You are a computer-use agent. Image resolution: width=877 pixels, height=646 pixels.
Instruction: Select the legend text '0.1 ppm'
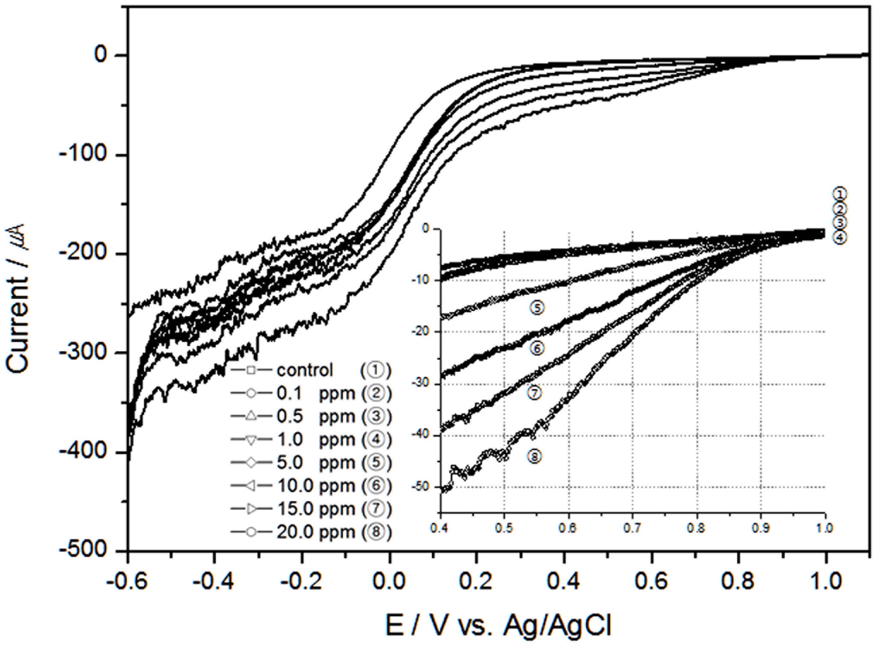[316, 393]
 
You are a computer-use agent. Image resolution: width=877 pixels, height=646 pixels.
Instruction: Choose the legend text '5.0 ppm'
[316, 463]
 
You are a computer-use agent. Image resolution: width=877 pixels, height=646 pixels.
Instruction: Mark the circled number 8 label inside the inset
[535, 456]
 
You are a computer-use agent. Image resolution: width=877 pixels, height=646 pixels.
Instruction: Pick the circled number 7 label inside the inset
[535, 393]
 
